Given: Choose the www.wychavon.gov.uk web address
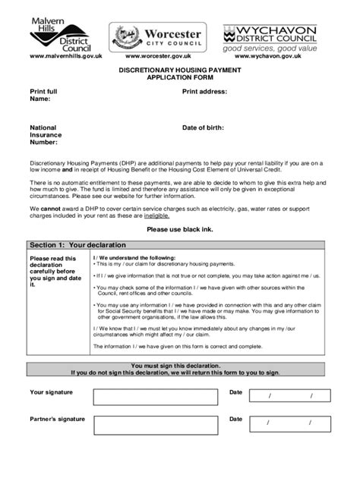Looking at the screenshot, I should (274, 57).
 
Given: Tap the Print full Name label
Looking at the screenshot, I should (43, 95).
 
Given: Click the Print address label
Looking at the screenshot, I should (204, 91).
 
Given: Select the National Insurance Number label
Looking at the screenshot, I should (46, 134).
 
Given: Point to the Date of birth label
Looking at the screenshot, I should (203, 127).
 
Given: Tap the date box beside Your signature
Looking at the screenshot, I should (289, 396).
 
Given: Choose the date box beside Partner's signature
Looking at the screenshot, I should (289, 423).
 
